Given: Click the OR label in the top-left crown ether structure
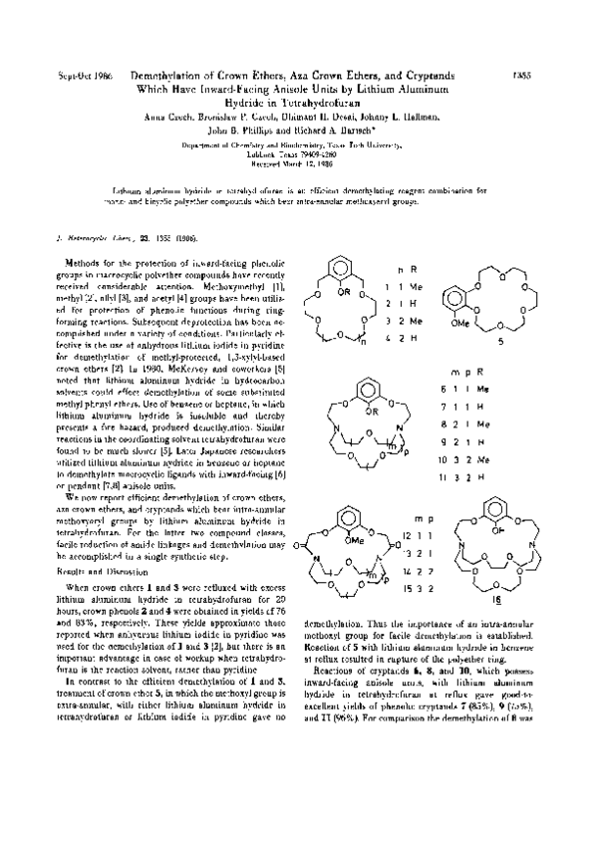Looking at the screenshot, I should point(346,293).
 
